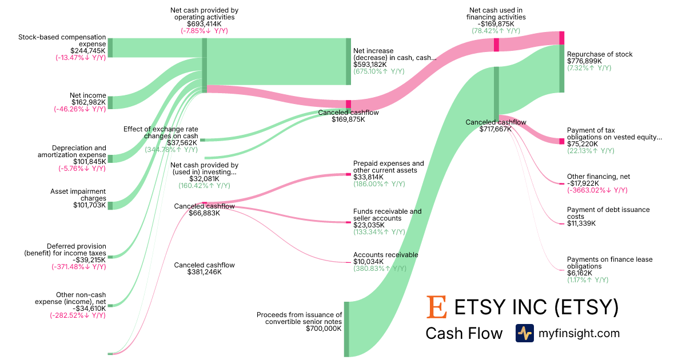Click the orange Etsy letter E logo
437,307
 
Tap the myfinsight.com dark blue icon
524,333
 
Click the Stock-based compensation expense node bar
110,48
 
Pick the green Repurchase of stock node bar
561,68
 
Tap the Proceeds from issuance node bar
346,329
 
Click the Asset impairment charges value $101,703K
89,205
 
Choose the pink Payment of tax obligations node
561,141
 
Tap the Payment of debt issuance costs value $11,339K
581,223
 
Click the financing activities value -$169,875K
496,24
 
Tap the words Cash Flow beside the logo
464,333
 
